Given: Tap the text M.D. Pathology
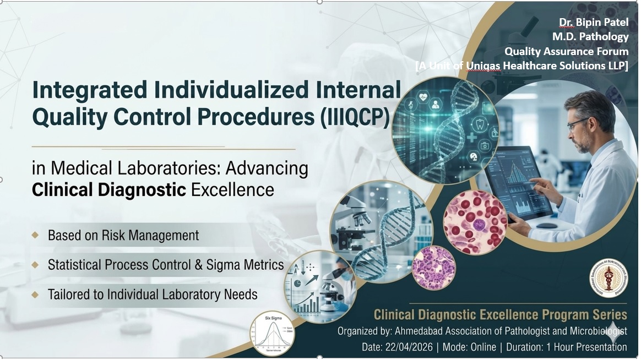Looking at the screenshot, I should pyautogui.click(x=590, y=37).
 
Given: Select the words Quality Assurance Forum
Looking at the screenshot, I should pyautogui.click(x=566, y=51).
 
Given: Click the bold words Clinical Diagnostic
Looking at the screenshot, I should pyautogui.click(x=108, y=190).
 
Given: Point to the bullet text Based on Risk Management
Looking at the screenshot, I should pyautogui.click(x=123, y=236).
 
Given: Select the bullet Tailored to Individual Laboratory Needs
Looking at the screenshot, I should pyautogui.click(x=153, y=294).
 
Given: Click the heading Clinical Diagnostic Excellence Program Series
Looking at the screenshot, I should pyautogui.click(x=500, y=315).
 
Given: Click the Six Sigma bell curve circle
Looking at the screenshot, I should pyautogui.click(x=272, y=333).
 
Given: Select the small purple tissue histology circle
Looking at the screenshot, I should pyautogui.click(x=433, y=268).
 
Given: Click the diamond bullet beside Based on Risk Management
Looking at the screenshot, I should pyautogui.click(x=35, y=236).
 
